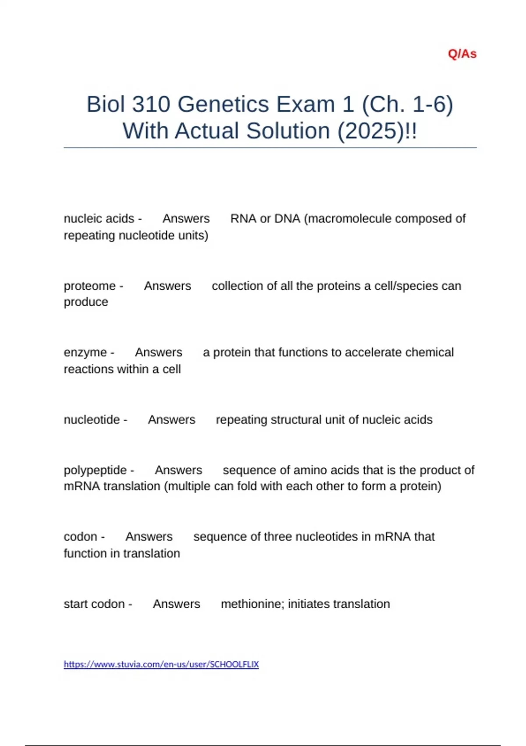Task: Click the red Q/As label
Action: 462,54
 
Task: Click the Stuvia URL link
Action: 161,664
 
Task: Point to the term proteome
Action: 90,286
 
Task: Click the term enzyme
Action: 85,352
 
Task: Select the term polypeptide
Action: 95,470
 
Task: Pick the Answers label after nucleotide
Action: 171,420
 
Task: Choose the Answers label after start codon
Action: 176,604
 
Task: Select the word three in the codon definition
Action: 280,537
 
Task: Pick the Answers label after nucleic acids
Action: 186,219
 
